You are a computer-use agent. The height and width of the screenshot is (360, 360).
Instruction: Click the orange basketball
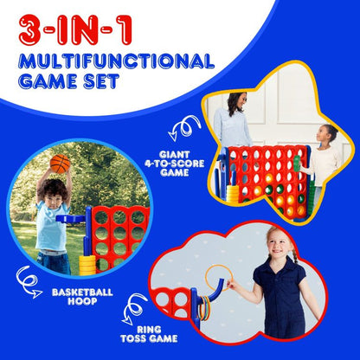[60, 164]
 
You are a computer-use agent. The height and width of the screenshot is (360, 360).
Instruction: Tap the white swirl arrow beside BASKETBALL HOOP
[29, 278]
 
